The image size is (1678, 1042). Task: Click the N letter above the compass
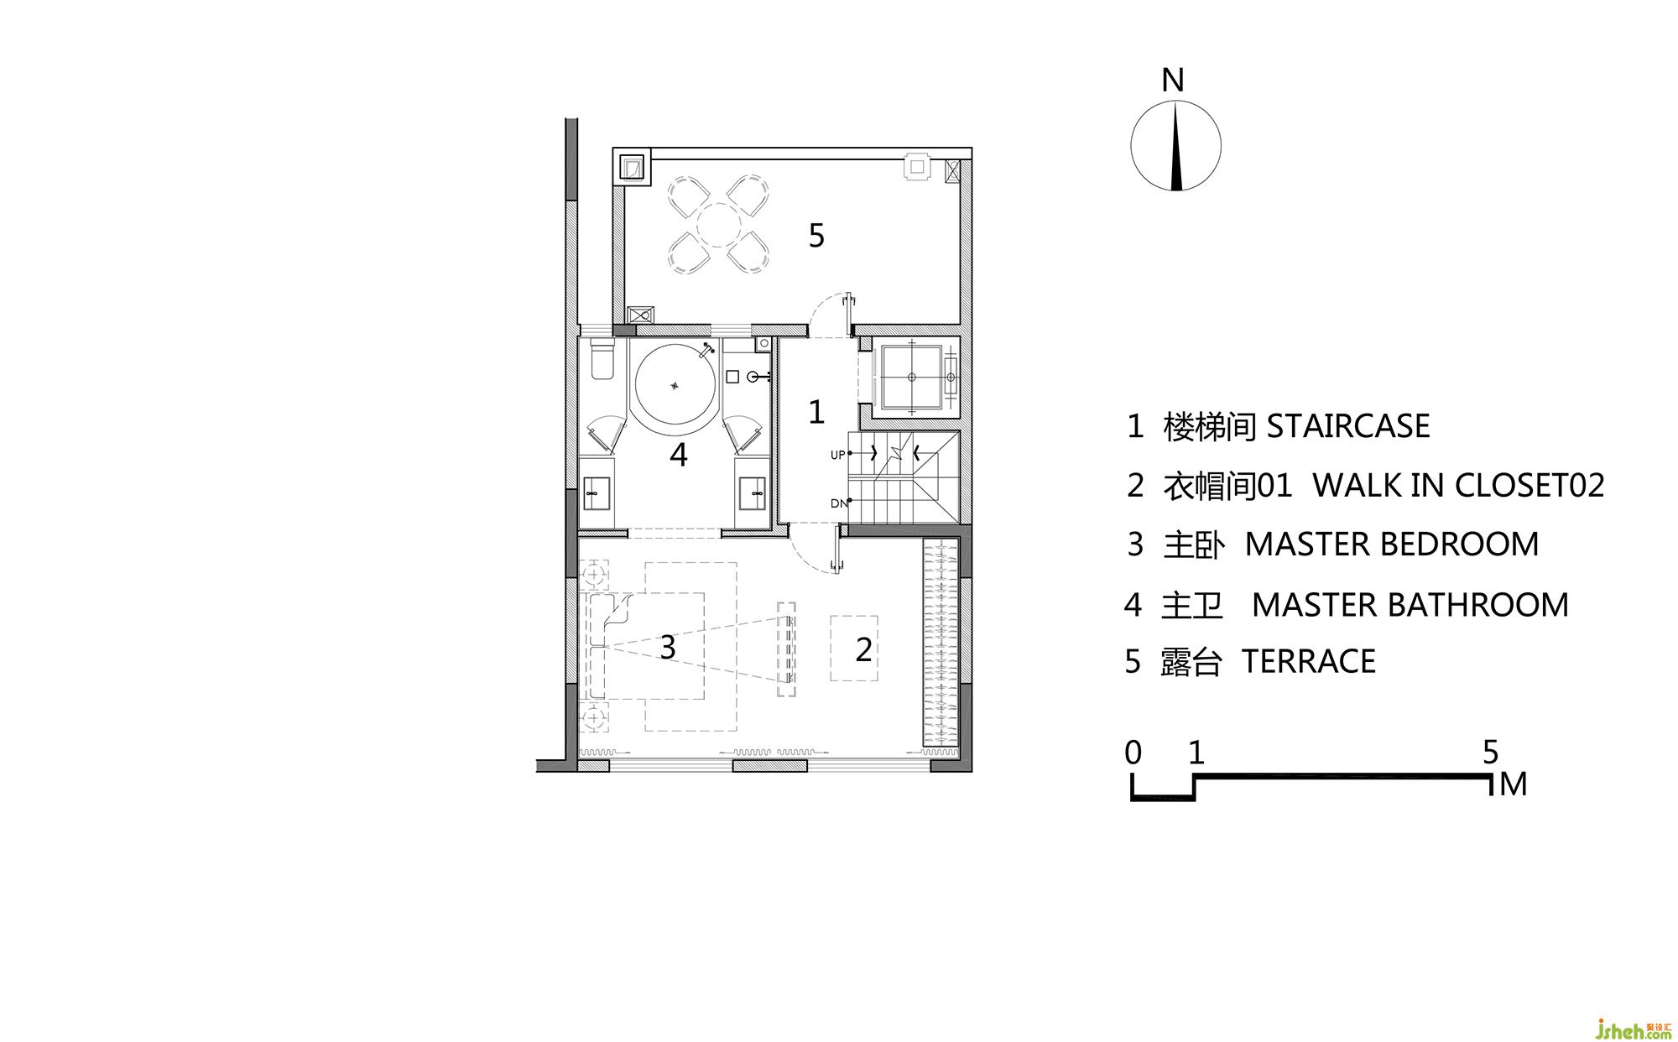(1173, 81)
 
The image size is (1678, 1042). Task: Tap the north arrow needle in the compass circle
(1176, 146)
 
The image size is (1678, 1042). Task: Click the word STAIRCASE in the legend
(1348, 426)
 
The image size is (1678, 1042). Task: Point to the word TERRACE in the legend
(1309, 661)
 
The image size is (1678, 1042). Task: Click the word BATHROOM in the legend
(1482, 605)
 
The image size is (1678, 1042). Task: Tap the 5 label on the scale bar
(1490, 753)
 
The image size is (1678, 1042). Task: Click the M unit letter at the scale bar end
(1513, 785)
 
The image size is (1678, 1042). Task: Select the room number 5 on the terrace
(816, 237)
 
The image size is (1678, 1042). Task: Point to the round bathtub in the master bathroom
(676, 386)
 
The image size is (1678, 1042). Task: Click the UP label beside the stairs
(837, 456)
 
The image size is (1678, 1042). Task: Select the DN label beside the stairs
(838, 503)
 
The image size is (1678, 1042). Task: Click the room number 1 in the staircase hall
(816, 412)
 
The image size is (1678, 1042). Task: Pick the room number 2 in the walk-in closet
(863, 649)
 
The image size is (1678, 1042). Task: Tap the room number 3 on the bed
(667, 648)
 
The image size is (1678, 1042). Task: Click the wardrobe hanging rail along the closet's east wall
(941, 644)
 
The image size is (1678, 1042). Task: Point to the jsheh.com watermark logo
(1622, 1026)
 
